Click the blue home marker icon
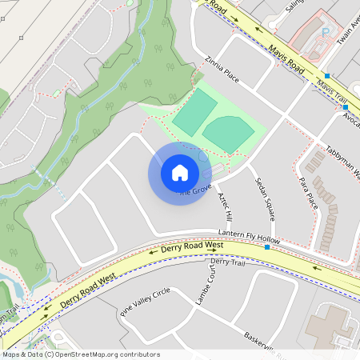(x=179, y=173)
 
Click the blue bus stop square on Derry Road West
(x=267, y=247)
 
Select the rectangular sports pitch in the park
(x=195, y=112)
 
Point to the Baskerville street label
(x=264, y=341)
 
